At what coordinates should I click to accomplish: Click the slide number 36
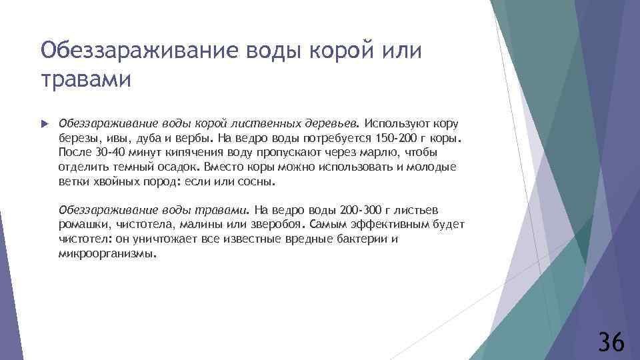611,341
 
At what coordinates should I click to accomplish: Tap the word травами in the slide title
86,79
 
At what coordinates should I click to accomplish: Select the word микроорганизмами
107,253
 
